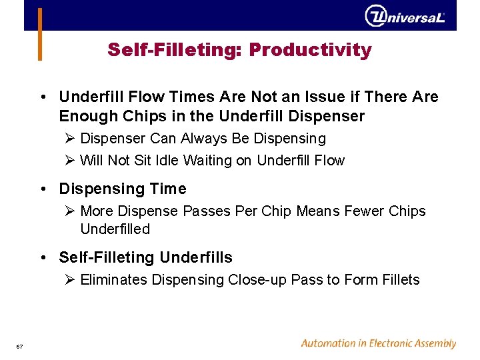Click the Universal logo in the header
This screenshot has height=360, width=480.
405,16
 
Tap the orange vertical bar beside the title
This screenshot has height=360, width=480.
40,34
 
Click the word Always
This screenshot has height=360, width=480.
197,139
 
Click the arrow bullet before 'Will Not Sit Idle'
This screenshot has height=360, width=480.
71,161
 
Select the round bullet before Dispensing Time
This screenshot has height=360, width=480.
43,189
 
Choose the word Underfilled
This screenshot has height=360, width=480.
115,229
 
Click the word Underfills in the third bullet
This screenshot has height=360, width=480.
199,257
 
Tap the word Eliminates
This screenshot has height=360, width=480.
114,280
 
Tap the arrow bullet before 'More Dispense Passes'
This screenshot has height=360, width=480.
71,211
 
